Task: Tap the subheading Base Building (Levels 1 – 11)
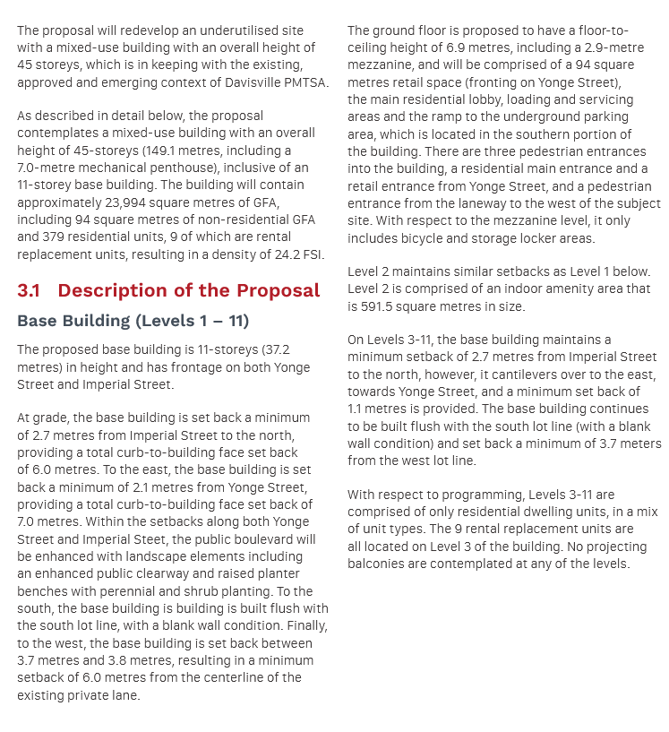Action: pos(133,321)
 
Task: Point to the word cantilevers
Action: pos(524,375)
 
